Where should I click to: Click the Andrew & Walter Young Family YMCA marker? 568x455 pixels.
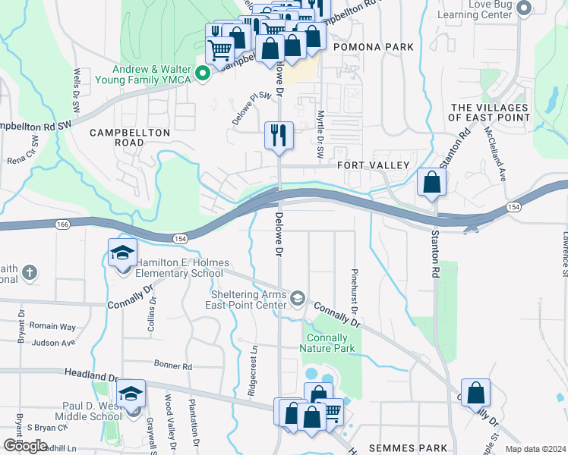[x=203, y=74]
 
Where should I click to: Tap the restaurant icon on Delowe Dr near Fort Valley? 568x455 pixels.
[x=279, y=136]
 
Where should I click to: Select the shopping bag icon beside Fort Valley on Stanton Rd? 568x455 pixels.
[x=431, y=183]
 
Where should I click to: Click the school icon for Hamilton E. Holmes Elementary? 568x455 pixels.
[x=121, y=254]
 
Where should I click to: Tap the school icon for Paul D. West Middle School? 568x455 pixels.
[x=131, y=394]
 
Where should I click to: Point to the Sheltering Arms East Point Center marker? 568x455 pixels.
[x=298, y=297]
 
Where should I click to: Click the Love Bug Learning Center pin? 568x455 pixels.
[x=523, y=8]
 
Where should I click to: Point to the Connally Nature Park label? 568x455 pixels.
[x=327, y=344]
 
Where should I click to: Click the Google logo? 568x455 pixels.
[x=25, y=445]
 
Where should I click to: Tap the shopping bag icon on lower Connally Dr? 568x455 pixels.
[x=475, y=394]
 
